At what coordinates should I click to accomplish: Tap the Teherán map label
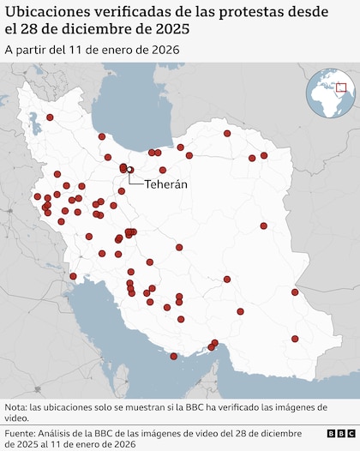point(165,183)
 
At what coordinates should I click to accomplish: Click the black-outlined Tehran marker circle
point(130,170)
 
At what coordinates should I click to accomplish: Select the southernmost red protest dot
point(174,356)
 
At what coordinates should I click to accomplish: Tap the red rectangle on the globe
point(340,87)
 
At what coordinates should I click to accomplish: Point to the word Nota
point(15,406)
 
